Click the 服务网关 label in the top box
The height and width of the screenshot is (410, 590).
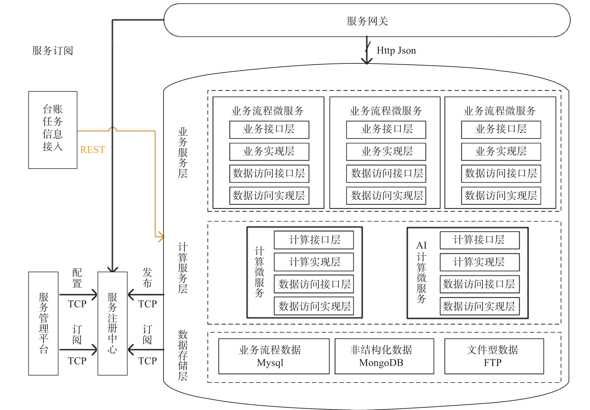(x=367, y=21)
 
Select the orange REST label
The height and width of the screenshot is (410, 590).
(x=93, y=150)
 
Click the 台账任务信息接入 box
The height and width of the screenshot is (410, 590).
(x=53, y=130)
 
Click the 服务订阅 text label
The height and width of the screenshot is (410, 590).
(x=53, y=51)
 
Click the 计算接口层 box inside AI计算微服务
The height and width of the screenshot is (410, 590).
(x=480, y=240)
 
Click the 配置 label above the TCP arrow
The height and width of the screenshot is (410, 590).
(x=77, y=278)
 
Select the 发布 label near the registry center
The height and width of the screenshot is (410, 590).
(x=147, y=278)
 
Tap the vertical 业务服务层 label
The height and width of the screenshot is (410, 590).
(x=183, y=152)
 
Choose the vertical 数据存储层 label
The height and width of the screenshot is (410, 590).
(x=183, y=355)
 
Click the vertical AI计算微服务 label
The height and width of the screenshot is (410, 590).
(x=421, y=272)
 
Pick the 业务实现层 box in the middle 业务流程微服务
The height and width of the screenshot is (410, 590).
(x=386, y=151)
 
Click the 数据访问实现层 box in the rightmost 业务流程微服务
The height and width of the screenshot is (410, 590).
(x=501, y=196)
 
